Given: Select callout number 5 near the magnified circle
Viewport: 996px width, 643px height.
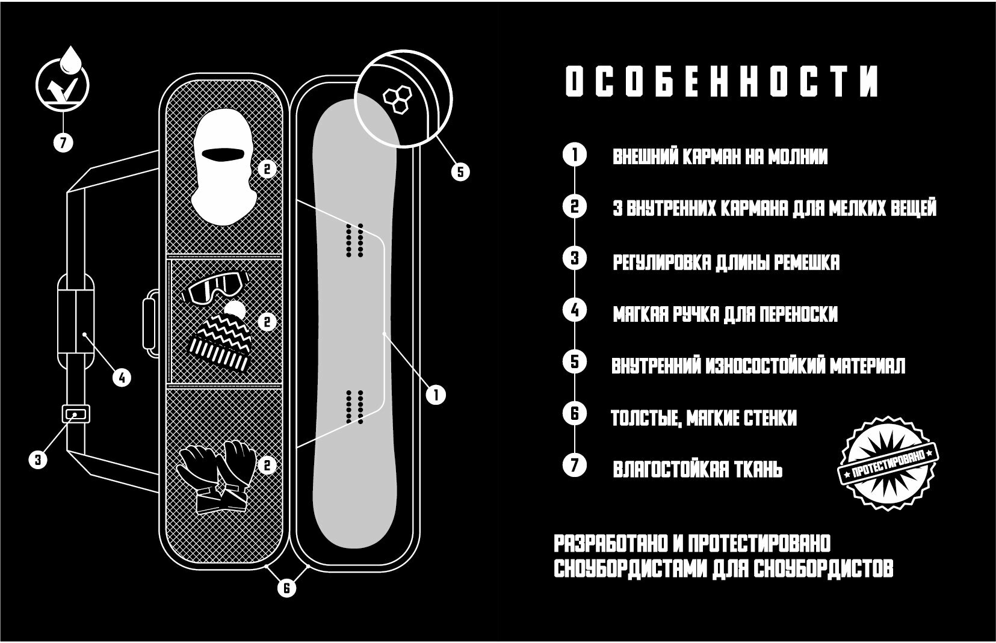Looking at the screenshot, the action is pos(460,172).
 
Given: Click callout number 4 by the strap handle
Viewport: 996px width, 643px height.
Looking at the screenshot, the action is pos(122,378).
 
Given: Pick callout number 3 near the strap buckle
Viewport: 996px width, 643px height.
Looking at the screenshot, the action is pos(38,460).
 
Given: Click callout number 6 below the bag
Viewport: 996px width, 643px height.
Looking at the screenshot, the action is pos(287,588).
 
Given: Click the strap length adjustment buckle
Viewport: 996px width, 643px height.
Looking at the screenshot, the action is pos(75,414).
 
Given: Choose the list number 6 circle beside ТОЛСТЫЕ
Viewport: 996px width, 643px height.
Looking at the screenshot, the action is pos(574,414).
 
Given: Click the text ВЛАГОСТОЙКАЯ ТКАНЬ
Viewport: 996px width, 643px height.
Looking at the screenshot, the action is pos(698,469).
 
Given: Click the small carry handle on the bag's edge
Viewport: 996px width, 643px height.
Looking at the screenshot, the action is pos(149,322).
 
